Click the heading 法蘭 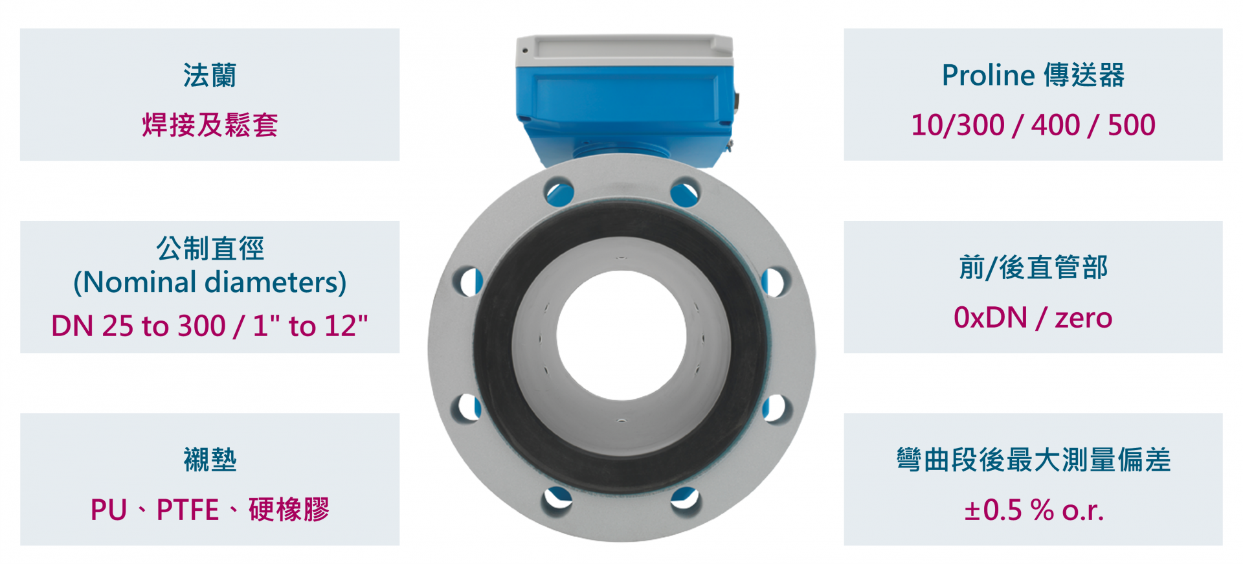click(210, 75)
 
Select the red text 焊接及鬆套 click(210, 125)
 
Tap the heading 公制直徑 click(210, 248)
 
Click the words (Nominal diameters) click(210, 282)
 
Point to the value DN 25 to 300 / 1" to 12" click(210, 326)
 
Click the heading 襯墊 click(210, 460)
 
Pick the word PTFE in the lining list click(188, 510)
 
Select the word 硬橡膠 click(289, 510)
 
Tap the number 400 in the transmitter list click(1056, 125)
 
